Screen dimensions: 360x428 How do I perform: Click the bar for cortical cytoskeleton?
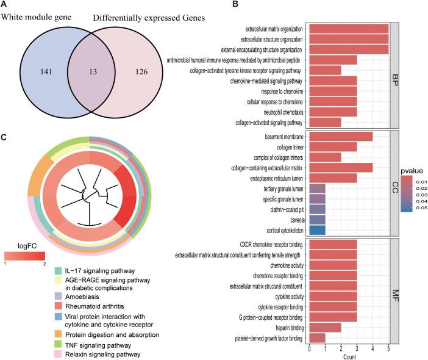[x=317, y=230]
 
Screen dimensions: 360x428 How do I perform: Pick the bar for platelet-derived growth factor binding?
[x=317, y=337]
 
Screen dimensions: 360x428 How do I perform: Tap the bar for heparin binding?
[x=325, y=327]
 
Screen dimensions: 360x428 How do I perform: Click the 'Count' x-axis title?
[x=349, y=356]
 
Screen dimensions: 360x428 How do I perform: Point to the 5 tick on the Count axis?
[x=388, y=348]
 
